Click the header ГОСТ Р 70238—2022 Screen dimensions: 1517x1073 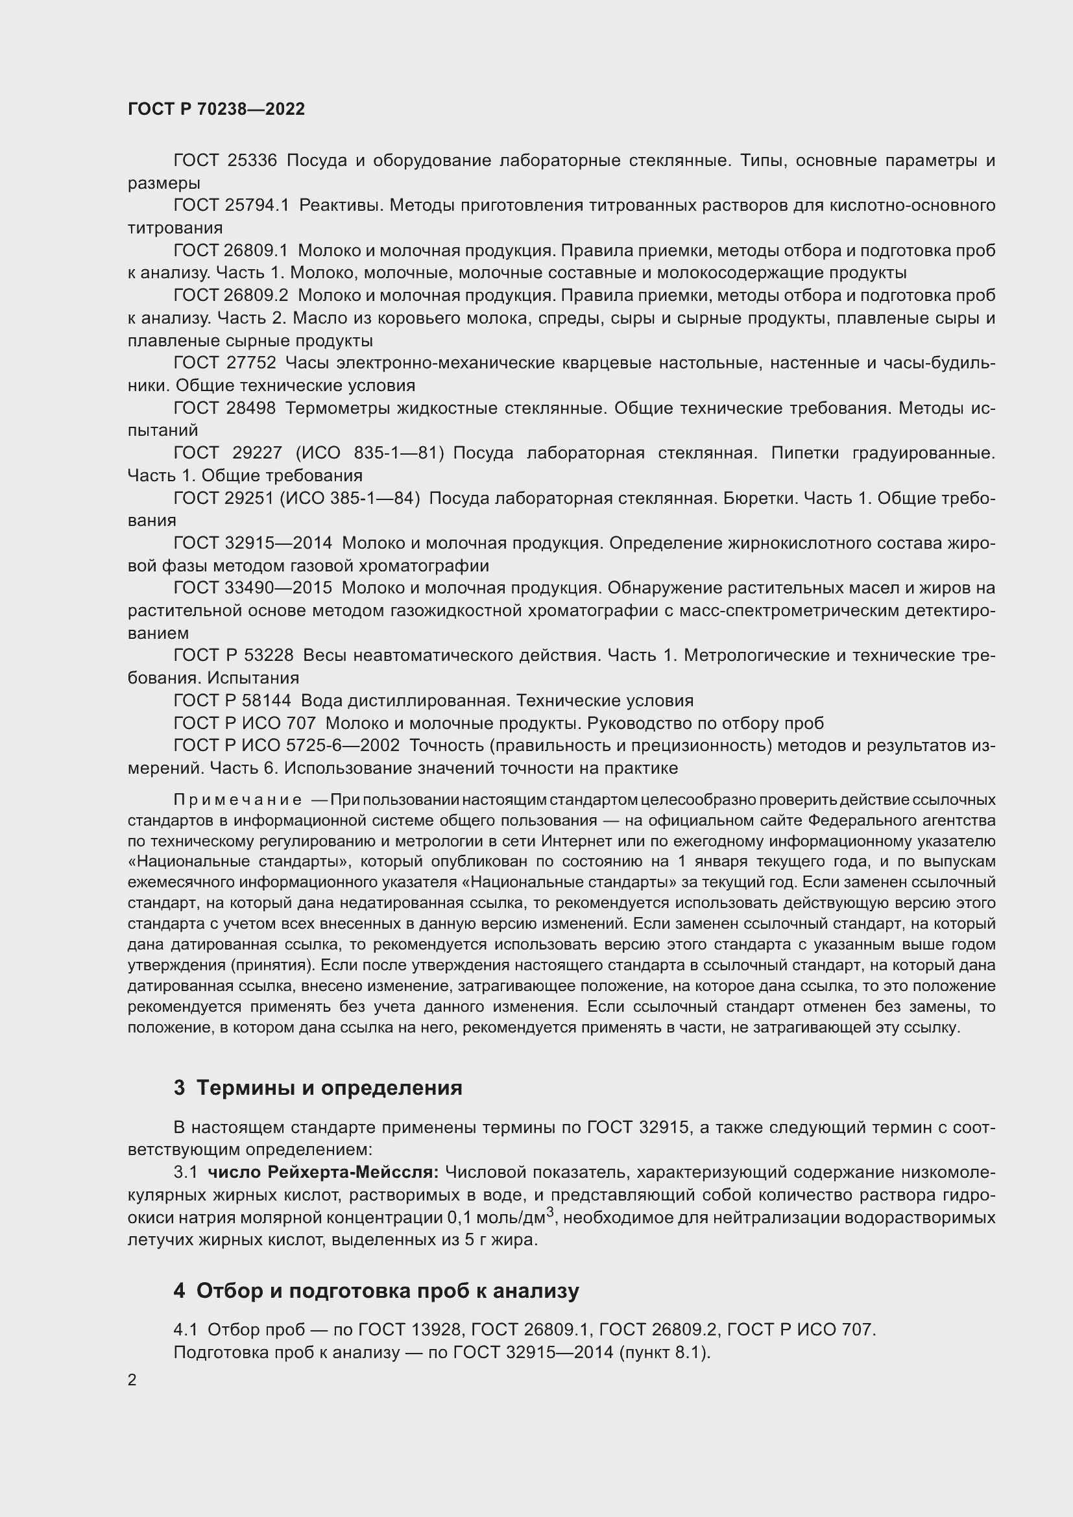click(x=216, y=109)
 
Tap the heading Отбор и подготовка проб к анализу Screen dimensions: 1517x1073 click(x=387, y=1291)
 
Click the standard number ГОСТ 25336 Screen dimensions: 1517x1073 click(x=224, y=161)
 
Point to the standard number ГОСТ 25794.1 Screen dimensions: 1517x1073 click(x=231, y=206)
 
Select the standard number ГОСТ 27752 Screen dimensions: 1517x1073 click(x=224, y=363)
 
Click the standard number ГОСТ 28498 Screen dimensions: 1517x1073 click(x=224, y=408)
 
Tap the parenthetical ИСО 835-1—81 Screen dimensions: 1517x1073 click(x=370, y=453)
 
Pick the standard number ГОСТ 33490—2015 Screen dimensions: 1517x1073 click(x=252, y=588)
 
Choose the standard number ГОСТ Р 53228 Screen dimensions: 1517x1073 click(x=233, y=655)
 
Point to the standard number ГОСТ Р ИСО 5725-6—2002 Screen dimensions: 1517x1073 click(x=286, y=745)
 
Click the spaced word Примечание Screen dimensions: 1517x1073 click(x=237, y=800)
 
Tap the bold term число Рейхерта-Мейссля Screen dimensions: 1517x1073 click(x=323, y=1171)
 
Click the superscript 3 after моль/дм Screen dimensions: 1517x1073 click(x=549, y=1210)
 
